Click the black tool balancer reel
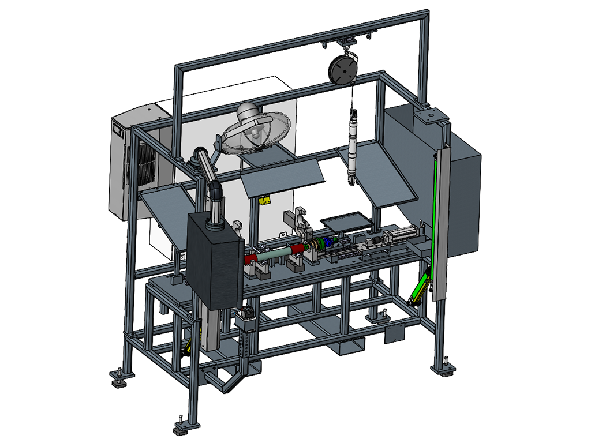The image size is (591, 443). pos(341,69)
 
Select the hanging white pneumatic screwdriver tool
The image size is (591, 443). pos(352,144)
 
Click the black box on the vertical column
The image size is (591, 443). pos(214,260)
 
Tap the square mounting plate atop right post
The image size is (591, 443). pos(429,117)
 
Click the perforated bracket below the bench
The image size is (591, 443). pos(246,340)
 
